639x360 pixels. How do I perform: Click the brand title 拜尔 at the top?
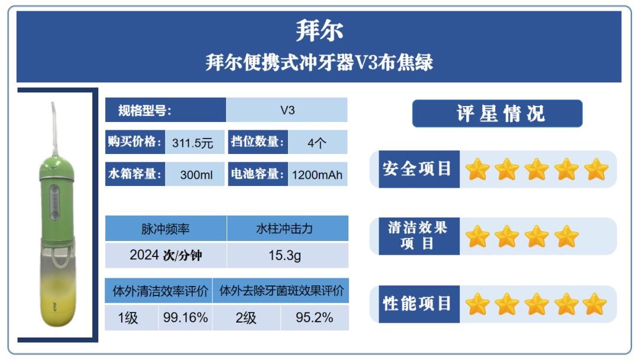click(x=319, y=31)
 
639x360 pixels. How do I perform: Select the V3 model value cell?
click(x=287, y=110)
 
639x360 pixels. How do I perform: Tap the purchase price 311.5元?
click(x=192, y=143)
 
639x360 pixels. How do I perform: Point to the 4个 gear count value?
click(x=317, y=143)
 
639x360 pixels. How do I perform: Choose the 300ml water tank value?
click(x=196, y=175)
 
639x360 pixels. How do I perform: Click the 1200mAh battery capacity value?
click(x=317, y=175)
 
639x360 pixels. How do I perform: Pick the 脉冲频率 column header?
click(x=166, y=229)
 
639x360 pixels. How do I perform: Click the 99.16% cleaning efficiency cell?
click(x=185, y=317)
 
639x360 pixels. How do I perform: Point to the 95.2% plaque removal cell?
click(x=314, y=317)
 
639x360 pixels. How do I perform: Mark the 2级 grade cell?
click(x=246, y=317)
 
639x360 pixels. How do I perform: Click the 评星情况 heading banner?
click(x=497, y=113)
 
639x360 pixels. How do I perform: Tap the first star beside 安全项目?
click(x=477, y=169)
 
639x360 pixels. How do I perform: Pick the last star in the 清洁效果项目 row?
click(x=566, y=236)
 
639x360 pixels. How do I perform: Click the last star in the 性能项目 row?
click(x=595, y=304)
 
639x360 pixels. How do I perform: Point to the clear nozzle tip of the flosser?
click(x=53, y=107)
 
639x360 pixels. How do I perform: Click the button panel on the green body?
click(x=54, y=202)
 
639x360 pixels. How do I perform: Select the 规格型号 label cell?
click(x=166, y=110)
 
